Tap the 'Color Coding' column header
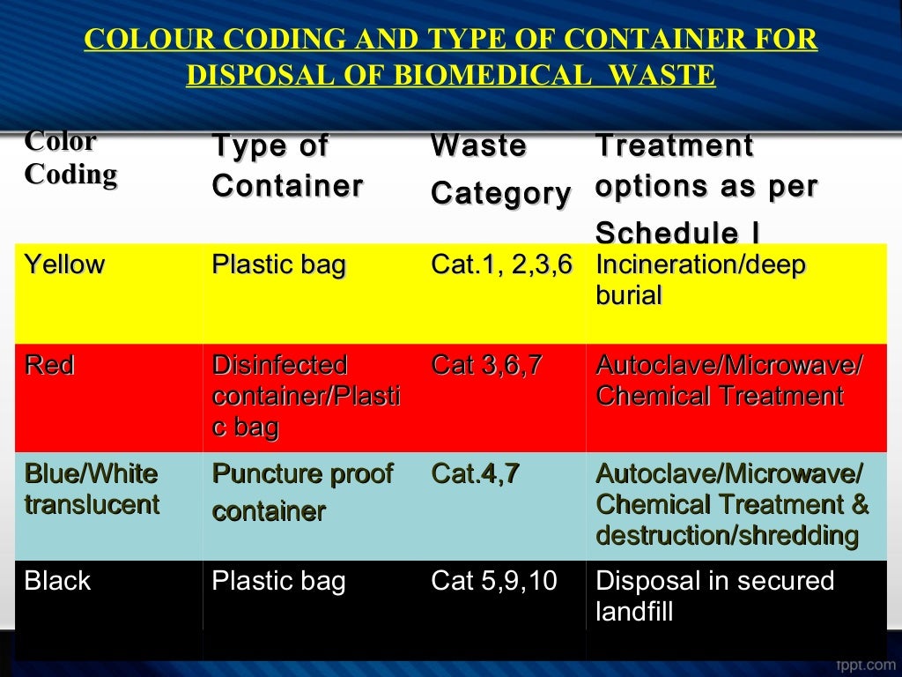pos(70,158)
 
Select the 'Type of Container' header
pos(286,166)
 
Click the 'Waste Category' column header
pos(500,169)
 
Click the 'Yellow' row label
pos(64,264)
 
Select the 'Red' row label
pos(49,365)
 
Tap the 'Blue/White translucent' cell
pos(92,489)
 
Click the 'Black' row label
pos(57,581)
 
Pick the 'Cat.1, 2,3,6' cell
pos(501,264)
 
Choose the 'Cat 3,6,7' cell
pos(486,365)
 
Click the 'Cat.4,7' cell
pos(475,474)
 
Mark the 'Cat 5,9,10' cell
pos(494,581)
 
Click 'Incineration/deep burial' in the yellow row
pos(700,279)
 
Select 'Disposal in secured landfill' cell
pos(714,596)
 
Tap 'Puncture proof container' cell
pos(302,491)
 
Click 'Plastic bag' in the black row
pos(278,581)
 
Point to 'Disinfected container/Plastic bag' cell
pos(306,396)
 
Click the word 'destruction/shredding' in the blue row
pos(727,535)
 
